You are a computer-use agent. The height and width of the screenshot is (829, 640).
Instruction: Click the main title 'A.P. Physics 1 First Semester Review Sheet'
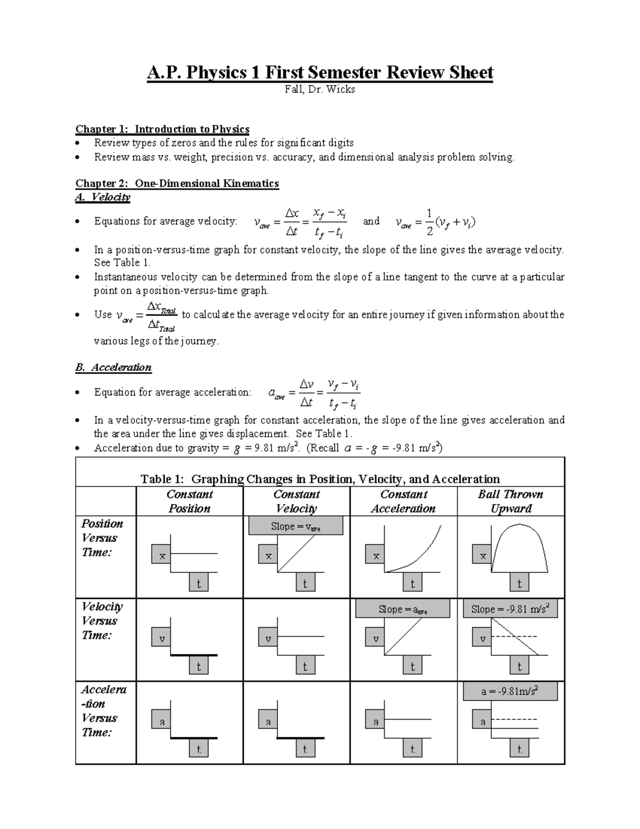click(x=320, y=72)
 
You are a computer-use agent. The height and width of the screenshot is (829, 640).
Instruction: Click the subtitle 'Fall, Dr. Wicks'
click(x=320, y=90)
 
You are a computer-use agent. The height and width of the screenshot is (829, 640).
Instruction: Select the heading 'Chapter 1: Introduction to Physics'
click(x=162, y=129)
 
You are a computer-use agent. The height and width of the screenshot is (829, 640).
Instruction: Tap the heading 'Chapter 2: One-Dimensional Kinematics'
click(x=177, y=184)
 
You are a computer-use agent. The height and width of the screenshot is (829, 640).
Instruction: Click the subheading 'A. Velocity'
click(x=103, y=198)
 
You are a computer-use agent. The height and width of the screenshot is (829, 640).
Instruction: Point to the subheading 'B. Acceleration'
click(x=113, y=367)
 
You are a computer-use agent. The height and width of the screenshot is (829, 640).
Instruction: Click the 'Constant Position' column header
click(x=189, y=501)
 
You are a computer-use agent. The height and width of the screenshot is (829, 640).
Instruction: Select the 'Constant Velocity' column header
click(x=296, y=501)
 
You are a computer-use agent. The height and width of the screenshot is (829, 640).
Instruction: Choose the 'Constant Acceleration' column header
click(x=403, y=501)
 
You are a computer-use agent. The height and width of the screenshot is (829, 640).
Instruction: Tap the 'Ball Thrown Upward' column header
click(x=510, y=501)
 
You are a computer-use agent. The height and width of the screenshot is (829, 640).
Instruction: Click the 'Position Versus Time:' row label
click(x=101, y=538)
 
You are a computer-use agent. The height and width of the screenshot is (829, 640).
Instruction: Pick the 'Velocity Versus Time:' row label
click(x=101, y=621)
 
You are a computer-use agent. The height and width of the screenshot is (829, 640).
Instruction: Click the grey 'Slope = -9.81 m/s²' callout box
click(x=510, y=609)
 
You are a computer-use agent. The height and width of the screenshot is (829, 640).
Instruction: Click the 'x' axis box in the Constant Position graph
click(x=162, y=556)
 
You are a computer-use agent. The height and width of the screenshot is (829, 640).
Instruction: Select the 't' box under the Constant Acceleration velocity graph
click(x=412, y=666)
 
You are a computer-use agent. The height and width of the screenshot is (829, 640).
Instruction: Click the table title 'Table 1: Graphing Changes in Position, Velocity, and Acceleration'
click(x=320, y=479)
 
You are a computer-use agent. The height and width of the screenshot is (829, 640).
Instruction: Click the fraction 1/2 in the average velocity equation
click(x=429, y=221)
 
